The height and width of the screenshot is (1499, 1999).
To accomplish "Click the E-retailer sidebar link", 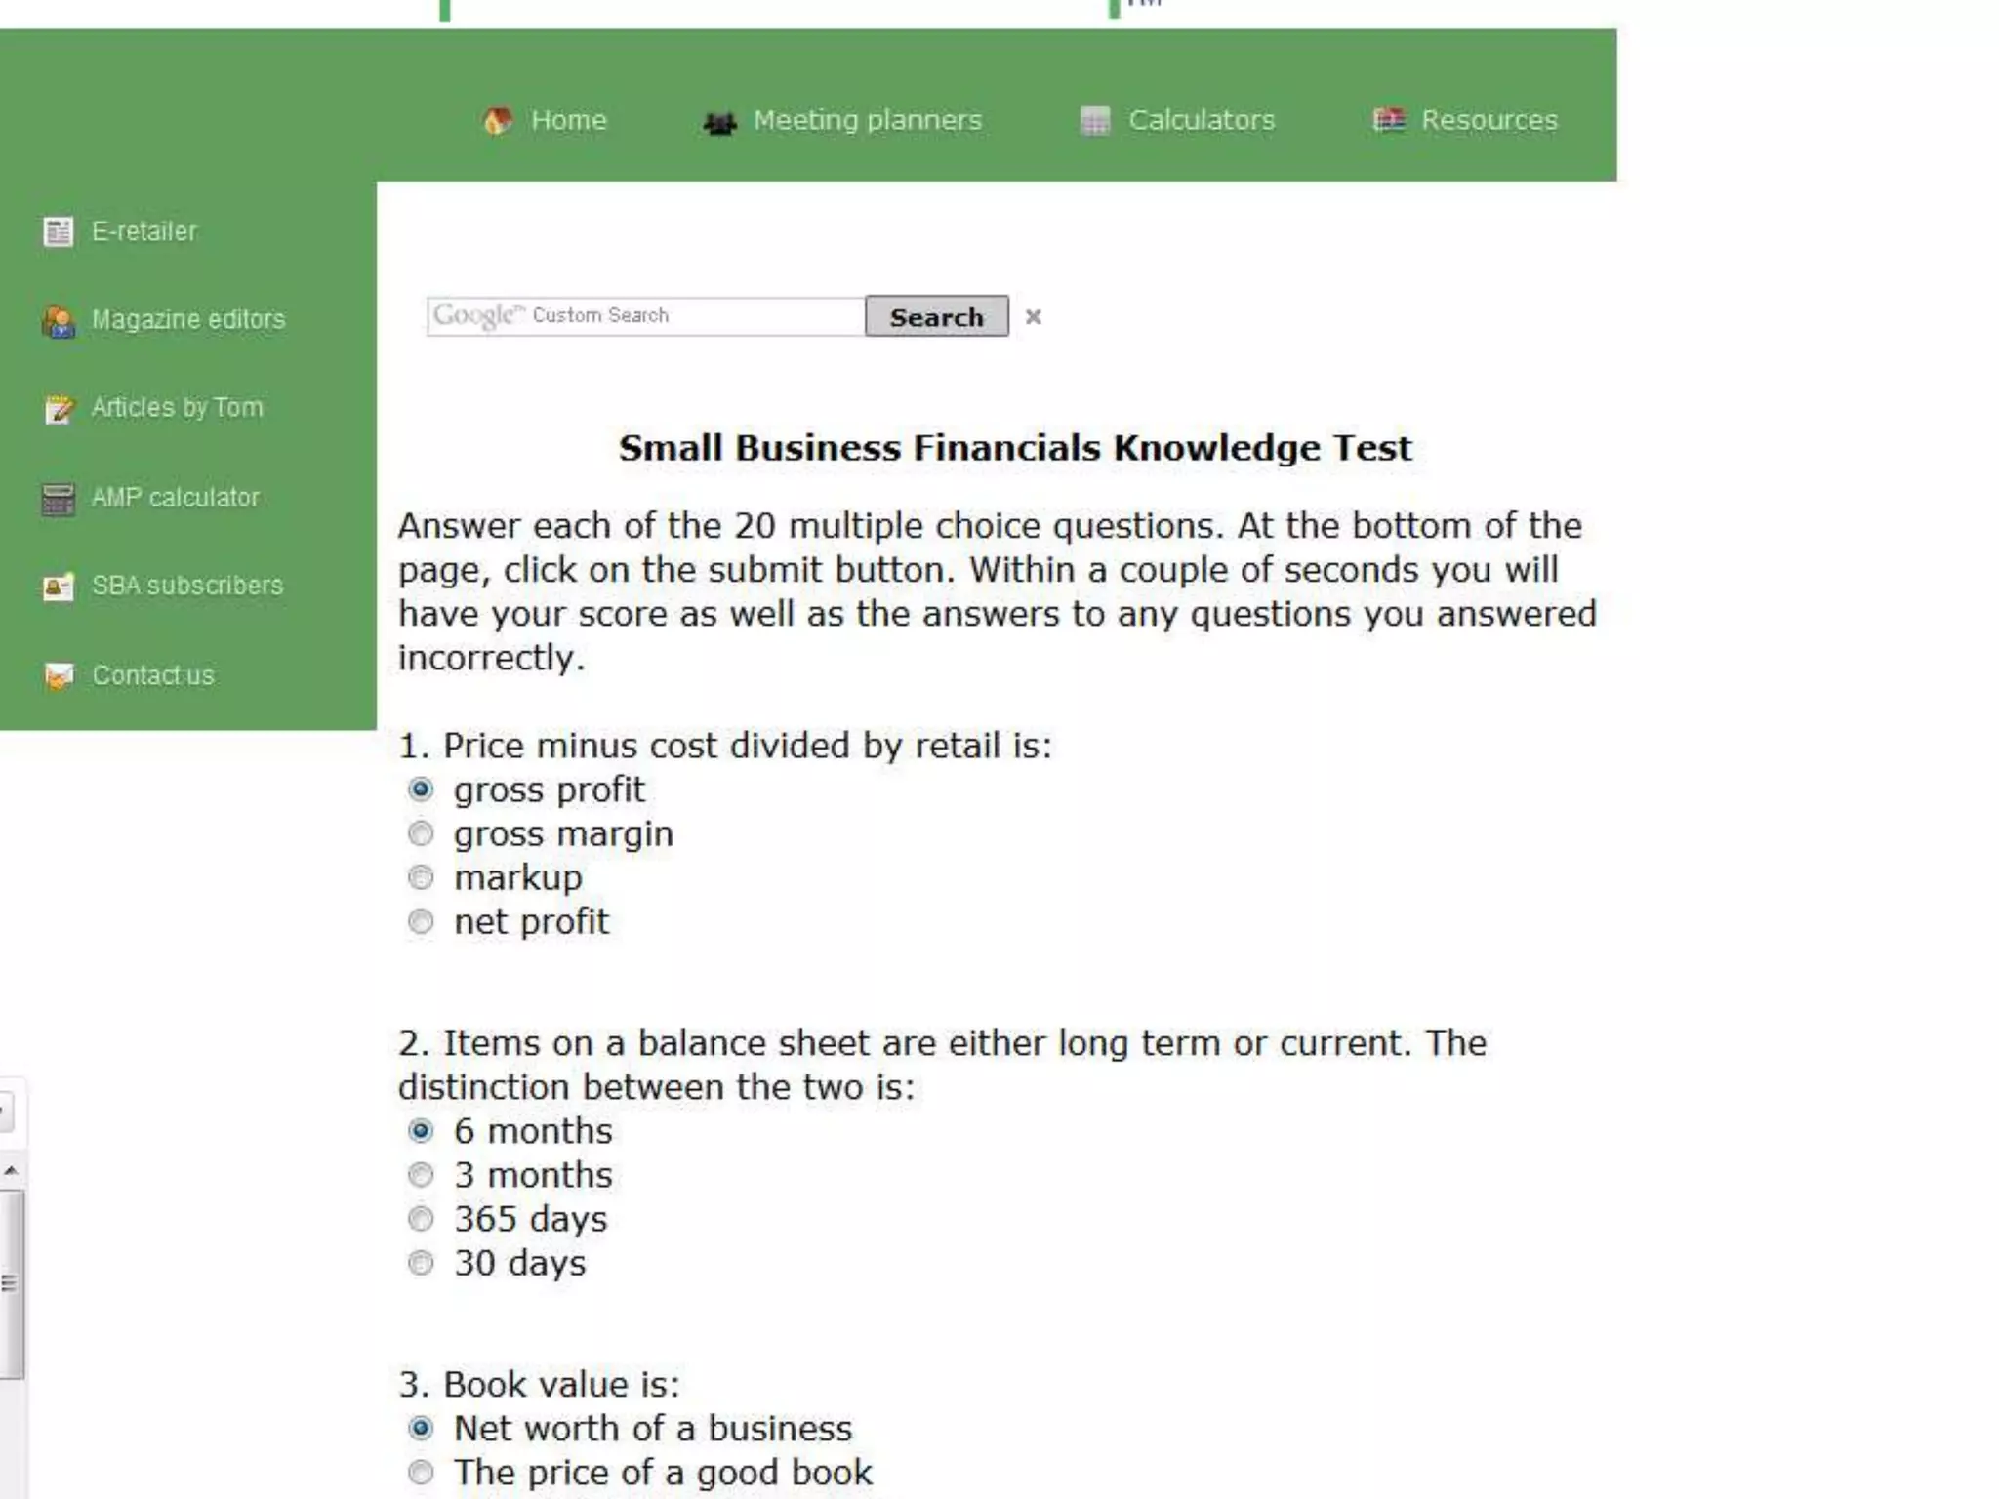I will pos(143,231).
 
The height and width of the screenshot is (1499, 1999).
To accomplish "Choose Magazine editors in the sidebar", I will pos(187,319).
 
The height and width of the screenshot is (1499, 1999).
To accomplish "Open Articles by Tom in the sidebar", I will pos(177,407).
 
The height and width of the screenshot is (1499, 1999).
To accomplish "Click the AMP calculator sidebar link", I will pos(175,497).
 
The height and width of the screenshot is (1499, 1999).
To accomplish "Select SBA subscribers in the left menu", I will pos(186,585).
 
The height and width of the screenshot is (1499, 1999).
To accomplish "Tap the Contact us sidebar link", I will pos(152,675).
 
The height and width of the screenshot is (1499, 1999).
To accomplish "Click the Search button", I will pos(936,317).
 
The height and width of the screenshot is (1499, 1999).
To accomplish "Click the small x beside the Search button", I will pos(1034,317).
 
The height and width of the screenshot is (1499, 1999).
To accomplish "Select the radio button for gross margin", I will pos(421,834).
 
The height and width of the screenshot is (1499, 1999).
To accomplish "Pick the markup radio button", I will pos(421,878).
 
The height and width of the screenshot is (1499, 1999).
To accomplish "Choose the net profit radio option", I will pos(421,922).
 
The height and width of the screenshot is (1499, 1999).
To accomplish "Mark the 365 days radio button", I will pos(421,1220).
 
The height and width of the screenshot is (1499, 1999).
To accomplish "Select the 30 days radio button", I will pos(421,1264).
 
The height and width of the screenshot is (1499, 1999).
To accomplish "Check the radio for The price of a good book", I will pos(421,1473).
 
